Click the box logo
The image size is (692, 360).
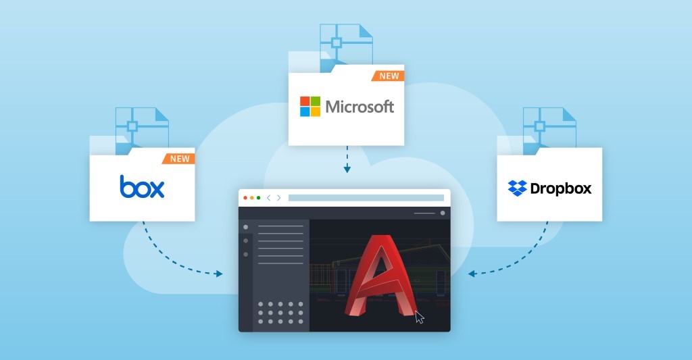point(142,186)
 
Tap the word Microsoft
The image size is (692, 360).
point(360,106)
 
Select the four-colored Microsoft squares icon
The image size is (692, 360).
point(310,106)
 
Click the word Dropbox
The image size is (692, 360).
point(560,189)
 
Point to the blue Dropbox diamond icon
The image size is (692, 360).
point(517,188)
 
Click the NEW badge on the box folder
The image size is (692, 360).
point(178,159)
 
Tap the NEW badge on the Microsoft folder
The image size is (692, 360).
point(389,76)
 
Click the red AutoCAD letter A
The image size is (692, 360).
point(380,276)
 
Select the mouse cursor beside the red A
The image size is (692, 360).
point(419,317)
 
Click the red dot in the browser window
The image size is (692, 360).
point(245,198)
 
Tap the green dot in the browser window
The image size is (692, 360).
point(259,198)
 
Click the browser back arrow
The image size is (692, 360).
point(268,198)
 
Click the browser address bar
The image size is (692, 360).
point(366,198)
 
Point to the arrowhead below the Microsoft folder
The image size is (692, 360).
point(347,169)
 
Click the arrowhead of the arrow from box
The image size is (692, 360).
point(218,274)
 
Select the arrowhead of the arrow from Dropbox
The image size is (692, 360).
point(472,274)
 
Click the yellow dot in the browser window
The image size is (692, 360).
point(252,198)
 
